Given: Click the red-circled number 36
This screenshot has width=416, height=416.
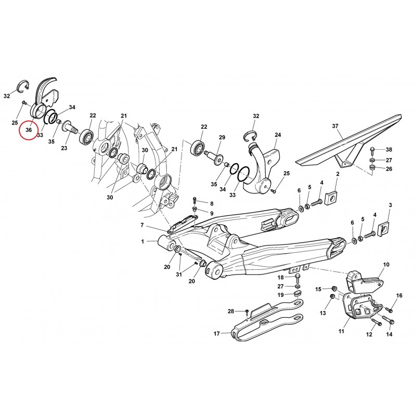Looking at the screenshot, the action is pyautogui.click(x=29, y=129).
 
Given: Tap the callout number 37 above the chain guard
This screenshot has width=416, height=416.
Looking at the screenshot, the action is pyautogui.click(x=335, y=126).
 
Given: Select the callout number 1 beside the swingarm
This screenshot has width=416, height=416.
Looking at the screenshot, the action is pyautogui.click(x=142, y=241).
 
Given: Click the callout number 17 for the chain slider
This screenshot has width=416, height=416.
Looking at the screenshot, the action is pyautogui.click(x=217, y=333).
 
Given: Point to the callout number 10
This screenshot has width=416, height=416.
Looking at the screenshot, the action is pyautogui.click(x=386, y=265).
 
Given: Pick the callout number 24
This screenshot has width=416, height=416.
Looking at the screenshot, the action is pyautogui.click(x=278, y=135).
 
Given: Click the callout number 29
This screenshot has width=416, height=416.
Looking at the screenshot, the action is pyautogui.click(x=222, y=137).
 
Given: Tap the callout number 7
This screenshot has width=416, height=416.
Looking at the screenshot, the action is pyautogui.click(x=142, y=225).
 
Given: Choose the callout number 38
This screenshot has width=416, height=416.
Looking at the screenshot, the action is pyautogui.click(x=388, y=150).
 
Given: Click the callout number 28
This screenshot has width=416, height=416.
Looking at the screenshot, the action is pyautogui.click(x=231, y=311).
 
